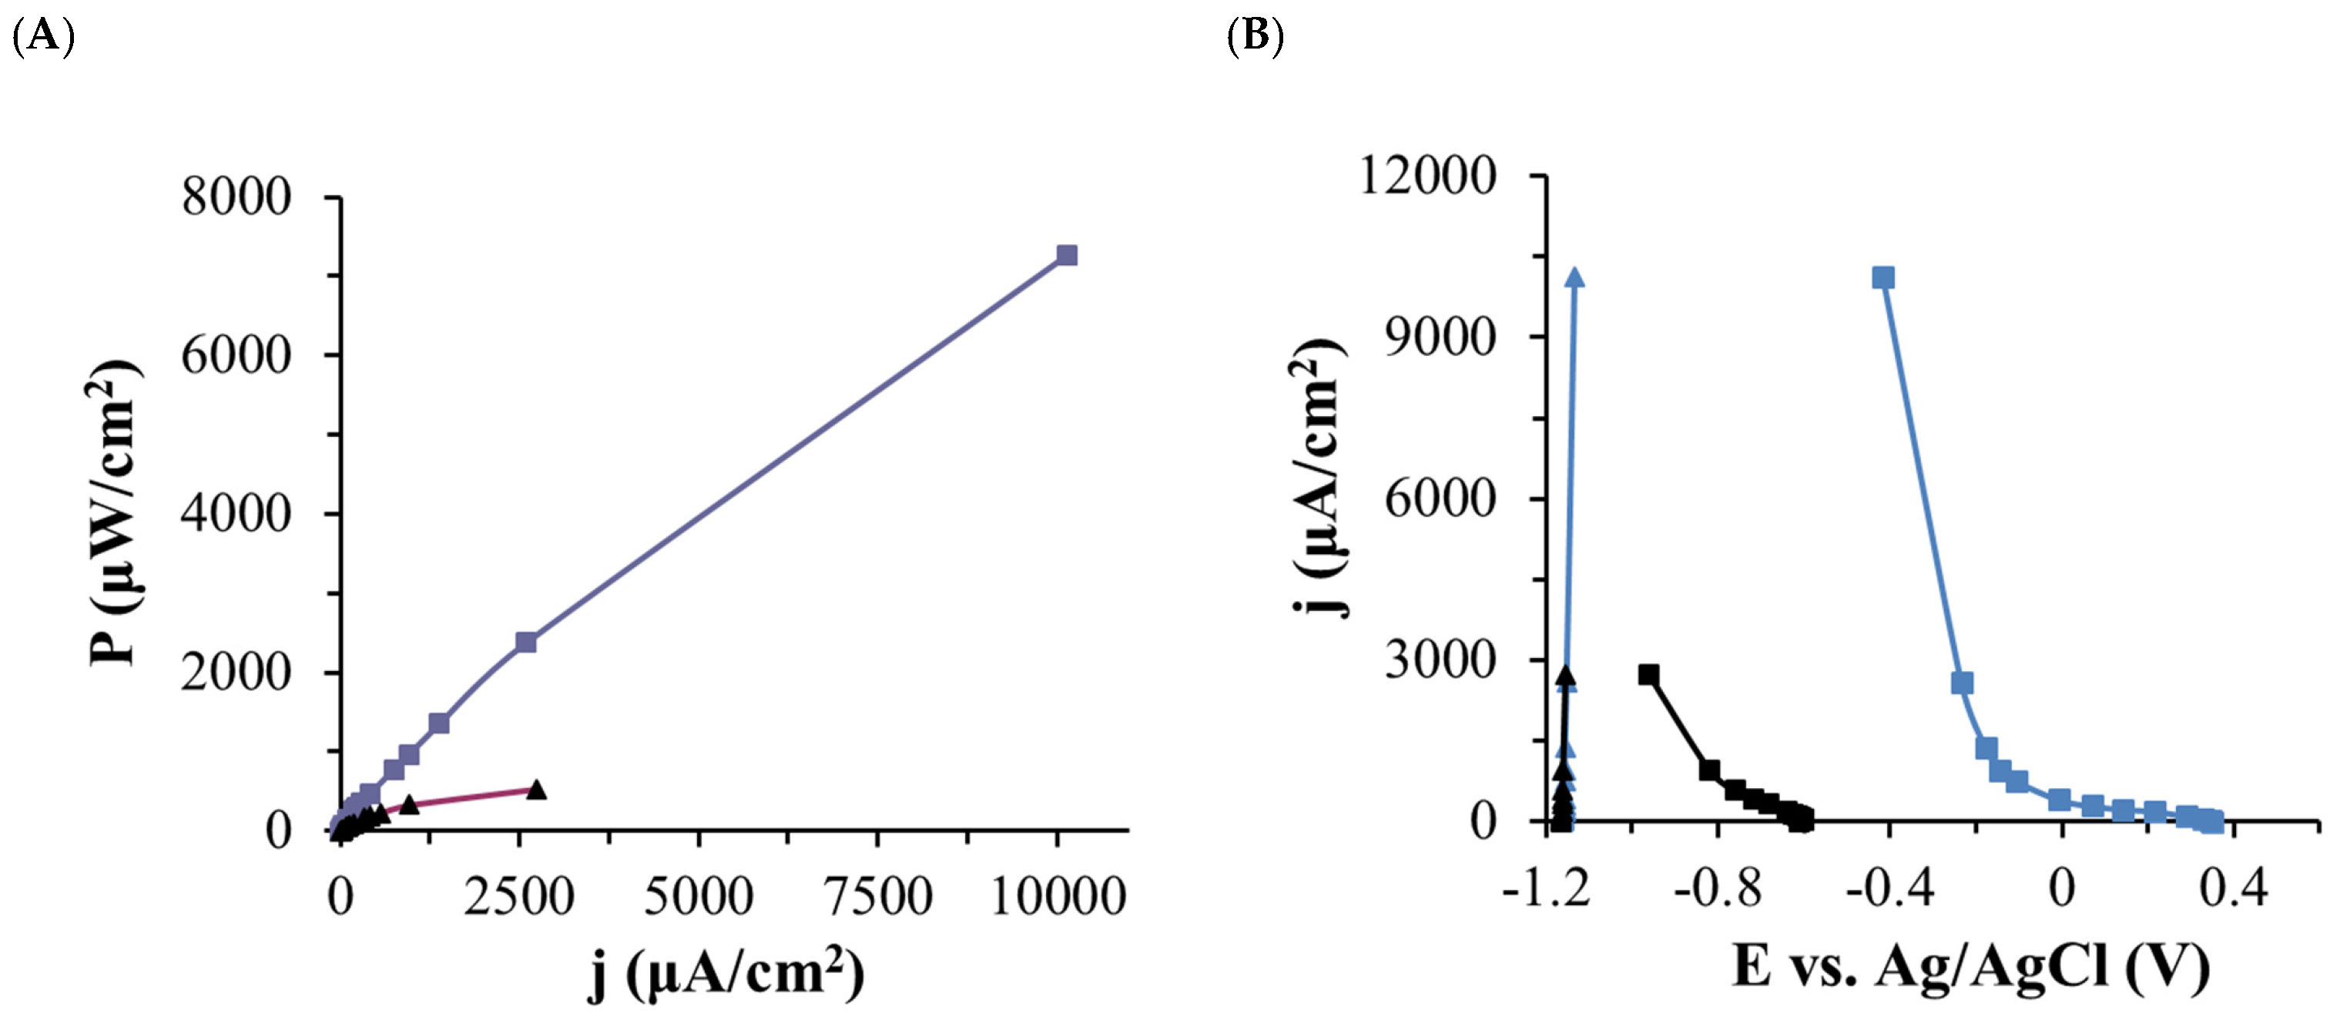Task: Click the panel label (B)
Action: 1256,37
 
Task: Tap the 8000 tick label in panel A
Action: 236,196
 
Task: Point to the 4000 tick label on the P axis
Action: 236,514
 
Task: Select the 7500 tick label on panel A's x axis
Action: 877,897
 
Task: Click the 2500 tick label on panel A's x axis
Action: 519,897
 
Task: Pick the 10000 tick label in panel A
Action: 1058,897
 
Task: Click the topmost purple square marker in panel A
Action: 1068,255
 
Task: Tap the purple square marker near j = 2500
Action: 525,643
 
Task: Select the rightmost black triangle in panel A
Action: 536,789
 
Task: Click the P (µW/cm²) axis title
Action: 115,512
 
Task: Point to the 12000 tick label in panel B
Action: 1428,175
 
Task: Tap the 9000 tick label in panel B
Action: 1440,337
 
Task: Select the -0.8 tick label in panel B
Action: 1718,889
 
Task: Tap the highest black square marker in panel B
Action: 1649,674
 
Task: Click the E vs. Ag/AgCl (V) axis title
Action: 1971,966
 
